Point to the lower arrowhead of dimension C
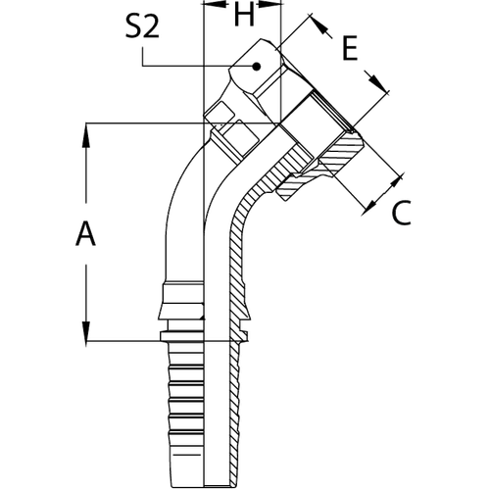368,208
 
